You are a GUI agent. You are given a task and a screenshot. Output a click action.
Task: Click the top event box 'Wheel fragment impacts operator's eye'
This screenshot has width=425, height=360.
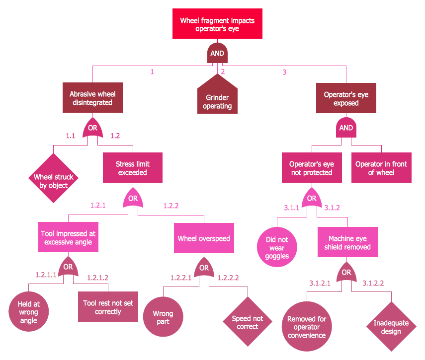click(217, 24)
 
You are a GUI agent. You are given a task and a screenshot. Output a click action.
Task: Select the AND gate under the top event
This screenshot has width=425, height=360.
click(217, 53)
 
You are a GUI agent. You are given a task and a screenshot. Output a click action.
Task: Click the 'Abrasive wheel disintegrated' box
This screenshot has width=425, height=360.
click(92, 98)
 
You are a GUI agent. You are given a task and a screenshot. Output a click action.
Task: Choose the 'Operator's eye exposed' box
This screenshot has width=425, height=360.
click(346, 98)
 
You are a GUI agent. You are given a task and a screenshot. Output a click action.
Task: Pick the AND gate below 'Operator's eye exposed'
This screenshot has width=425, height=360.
click(346, 128)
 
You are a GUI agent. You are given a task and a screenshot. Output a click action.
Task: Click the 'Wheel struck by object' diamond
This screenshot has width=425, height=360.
click(53, 178)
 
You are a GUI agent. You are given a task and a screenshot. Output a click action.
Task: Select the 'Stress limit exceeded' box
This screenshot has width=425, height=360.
click(133, 168)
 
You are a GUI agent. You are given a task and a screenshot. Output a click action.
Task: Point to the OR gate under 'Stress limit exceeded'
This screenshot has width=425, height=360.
click(133, 198)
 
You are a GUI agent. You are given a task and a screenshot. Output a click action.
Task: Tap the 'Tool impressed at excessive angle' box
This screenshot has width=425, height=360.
click(68, 237)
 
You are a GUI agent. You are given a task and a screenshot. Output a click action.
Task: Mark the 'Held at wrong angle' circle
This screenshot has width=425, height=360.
click(28, 312)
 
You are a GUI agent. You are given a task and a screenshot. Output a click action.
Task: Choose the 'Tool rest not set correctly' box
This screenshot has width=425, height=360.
click(108, 307)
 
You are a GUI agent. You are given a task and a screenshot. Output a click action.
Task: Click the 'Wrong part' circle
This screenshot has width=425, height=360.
click(163, 317)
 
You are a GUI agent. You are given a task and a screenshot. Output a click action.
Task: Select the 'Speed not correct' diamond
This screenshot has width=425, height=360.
click(248, 322)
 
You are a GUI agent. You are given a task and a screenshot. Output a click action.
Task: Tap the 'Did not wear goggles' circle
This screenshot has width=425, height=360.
click(277, 247)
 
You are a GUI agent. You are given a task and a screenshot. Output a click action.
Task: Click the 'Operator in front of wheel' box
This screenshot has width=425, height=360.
click(381, 168)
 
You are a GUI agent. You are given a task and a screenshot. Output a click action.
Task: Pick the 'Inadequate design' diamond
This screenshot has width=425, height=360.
click(391, 327)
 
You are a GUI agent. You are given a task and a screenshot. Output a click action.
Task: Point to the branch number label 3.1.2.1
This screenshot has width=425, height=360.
click(320, 284)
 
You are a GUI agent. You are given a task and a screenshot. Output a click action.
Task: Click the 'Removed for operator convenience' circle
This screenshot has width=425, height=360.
click(307, 327)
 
